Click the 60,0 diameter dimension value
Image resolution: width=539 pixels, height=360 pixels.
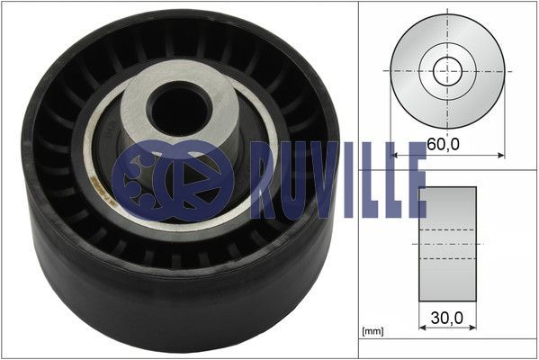tap(443, 145)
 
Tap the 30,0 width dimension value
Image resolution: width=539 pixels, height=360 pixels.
tap(447, 318)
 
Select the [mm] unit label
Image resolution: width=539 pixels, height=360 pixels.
tap(373, 331)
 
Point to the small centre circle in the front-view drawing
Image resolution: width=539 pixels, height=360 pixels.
tap(447, 71)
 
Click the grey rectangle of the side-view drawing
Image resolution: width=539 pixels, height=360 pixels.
tap(447, 244)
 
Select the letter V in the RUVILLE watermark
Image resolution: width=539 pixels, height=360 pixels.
tap(322, 180)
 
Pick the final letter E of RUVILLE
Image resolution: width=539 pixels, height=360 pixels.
tap(416, 180)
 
